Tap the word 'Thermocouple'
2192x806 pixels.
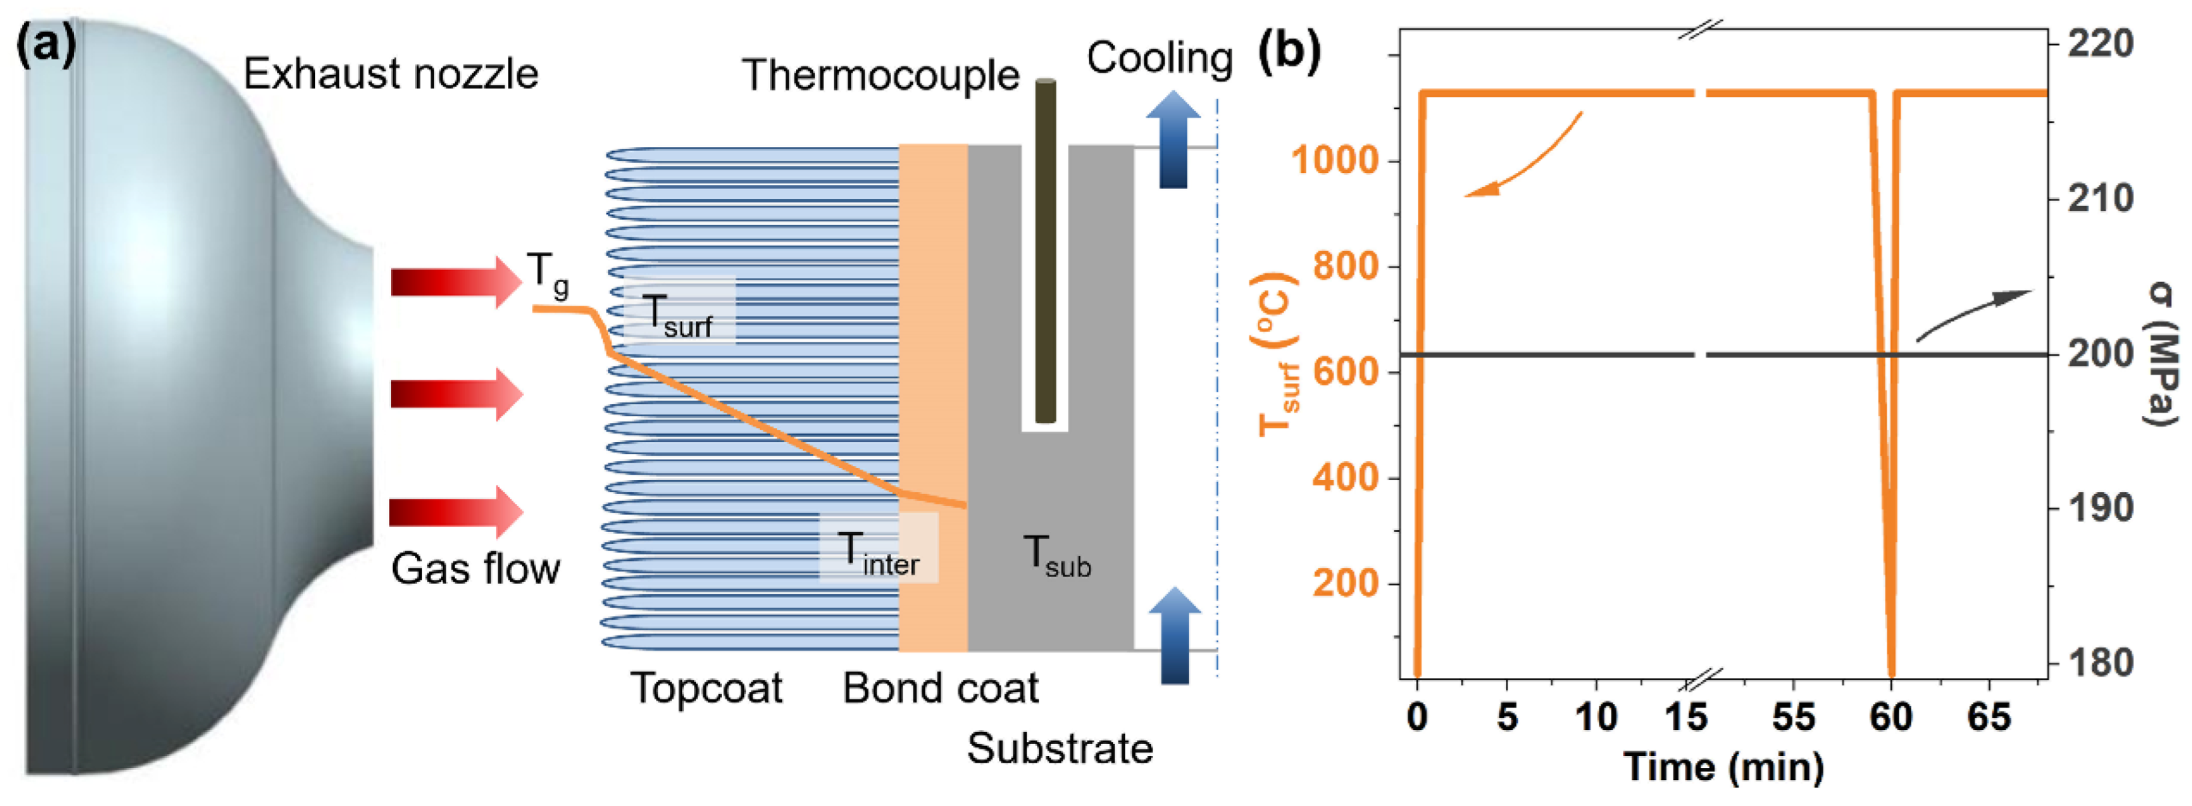[x=881, y=75]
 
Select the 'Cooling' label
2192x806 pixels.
[x=1159, y=58]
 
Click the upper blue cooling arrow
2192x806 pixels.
[x=1173, y=140]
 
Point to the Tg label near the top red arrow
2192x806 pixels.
[x=547, y=274]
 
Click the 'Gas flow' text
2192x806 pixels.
[x=475, y=569]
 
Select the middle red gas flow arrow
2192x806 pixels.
[x=455, y=394]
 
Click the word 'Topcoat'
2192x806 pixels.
[x=706, y=688]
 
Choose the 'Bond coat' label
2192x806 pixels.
[x=940, y=688]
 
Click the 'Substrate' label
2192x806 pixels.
[x=1059, y=749]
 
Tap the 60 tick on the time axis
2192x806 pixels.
[x=1891, y=718]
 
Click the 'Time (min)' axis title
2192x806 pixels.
[x=1723, y=767]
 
